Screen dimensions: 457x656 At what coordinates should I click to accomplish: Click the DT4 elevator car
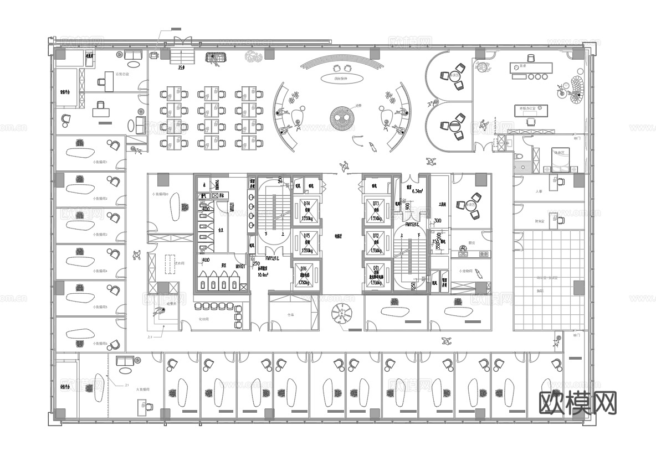(x=306, y=211)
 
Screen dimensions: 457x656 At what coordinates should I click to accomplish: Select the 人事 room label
(x=539, y=191)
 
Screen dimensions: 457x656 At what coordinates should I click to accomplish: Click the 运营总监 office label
(x=122, y=74)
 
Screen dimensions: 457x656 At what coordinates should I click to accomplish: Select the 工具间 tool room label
(x=442, y=204)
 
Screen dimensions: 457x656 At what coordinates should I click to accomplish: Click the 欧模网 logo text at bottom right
(x=578, y=404)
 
